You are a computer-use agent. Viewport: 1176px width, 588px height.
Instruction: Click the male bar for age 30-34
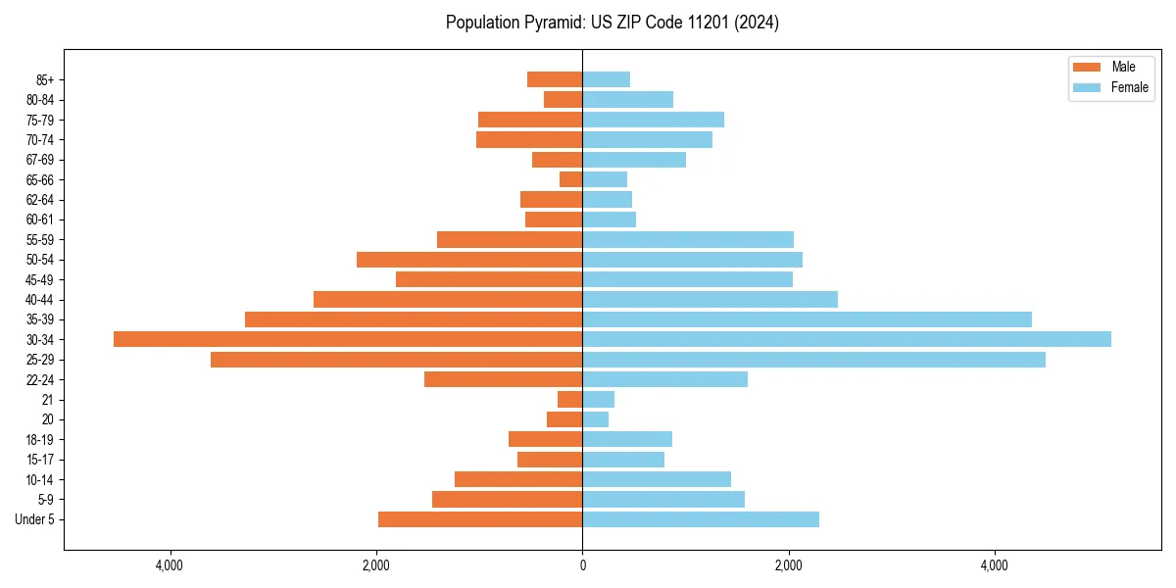pyautogui.click(x=348, y=339)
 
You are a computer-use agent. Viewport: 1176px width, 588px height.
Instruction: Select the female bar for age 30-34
pyautogui.click(x=847, y=339)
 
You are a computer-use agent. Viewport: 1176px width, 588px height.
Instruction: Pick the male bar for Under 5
pyautogui.click(x=480, y=519)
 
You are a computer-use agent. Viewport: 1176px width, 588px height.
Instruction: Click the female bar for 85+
pyautogui.click(x=607, y=79)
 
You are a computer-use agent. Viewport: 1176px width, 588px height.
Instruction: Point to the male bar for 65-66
pyautogui.click(x=571, y=179)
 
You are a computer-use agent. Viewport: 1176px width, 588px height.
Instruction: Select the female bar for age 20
pyautogui.click(x=596, y=419)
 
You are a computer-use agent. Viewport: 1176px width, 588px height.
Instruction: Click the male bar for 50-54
pyautogui.click(x=469, y=260)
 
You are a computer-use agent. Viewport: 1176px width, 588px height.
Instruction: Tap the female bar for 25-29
pyautogui.click(x=813, y=360)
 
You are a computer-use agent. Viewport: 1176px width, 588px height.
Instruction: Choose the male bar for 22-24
pyautogui.click(x=504, y=379)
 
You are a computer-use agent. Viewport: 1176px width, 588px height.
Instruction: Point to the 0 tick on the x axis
pyautogui.click(x=582, y=564)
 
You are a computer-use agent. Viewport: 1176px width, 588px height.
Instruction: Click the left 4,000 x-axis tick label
pyautogui.click(x=171, y=564)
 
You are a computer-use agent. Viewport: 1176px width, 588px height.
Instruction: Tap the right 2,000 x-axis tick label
pyautogui.click(x=788, y=564)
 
